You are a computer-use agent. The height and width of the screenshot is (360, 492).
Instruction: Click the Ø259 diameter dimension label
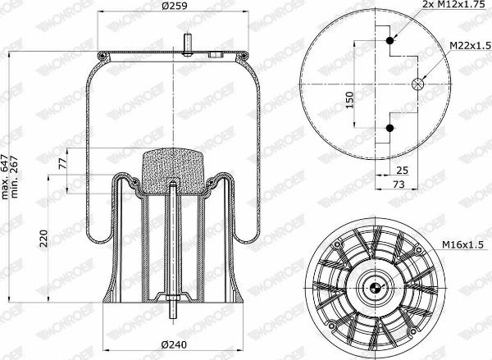175,6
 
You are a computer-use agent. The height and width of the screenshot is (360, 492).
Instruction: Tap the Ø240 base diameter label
174,345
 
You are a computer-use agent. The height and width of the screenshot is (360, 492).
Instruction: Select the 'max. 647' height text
6,177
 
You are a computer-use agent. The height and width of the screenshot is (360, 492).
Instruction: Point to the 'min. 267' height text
15,177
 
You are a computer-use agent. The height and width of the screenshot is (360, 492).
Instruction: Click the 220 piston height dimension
44,239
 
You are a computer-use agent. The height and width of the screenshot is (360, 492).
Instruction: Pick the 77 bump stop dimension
62,164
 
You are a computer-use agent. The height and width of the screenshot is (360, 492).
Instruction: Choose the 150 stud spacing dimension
349,100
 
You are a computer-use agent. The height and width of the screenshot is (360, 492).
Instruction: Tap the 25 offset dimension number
403,171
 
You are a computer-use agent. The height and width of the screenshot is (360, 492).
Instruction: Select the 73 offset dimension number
399,184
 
